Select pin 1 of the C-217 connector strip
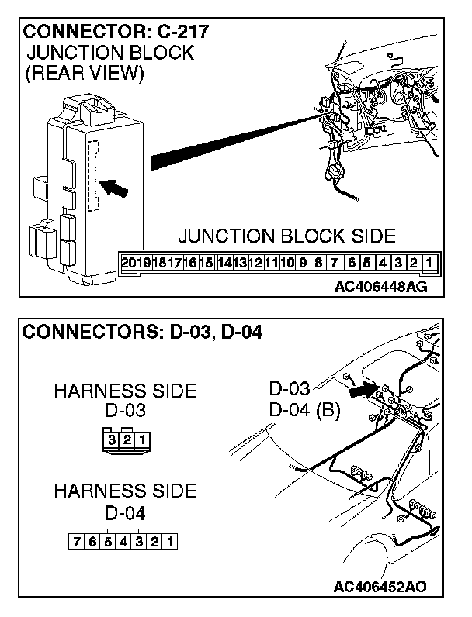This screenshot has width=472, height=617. [x=428, y=262]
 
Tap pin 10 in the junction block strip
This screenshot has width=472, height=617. [x=286, y=262]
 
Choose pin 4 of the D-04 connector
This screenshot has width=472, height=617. [x=123, y=542]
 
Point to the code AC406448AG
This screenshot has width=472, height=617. [x=380, y=288]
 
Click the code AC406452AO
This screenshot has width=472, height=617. [x=381, y=585]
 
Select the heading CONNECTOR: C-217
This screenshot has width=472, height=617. [x=117, y=33]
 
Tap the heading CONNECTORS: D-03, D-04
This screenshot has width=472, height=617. [x=143, y=333]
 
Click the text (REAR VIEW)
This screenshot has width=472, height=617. [x=85, y=74]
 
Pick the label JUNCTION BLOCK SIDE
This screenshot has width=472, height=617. [x=286, y=236]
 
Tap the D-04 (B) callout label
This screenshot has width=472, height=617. [x=304, y=410]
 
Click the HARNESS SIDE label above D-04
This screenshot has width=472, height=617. [x=125, y=491]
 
